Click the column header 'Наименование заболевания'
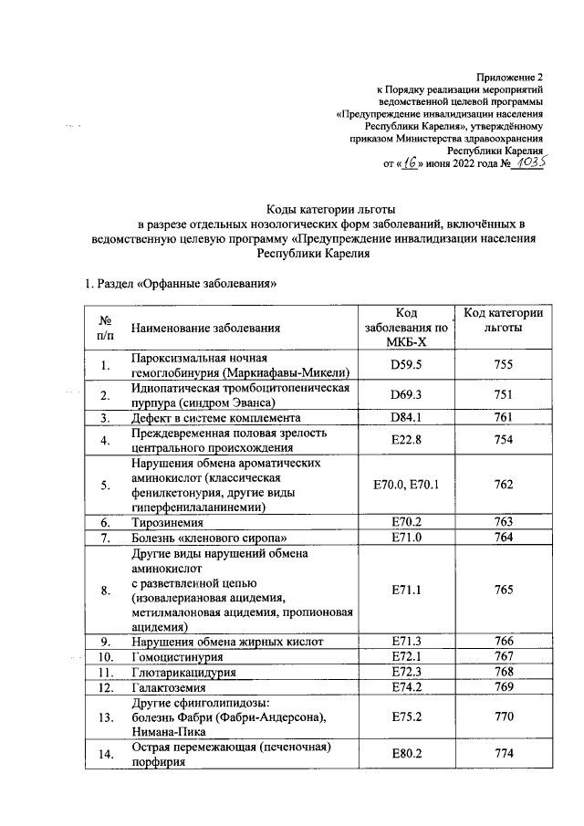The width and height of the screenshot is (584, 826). tap(205, 328)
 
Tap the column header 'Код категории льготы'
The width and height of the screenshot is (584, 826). tap(503, 320)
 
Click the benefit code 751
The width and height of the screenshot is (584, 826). tap(503, 395)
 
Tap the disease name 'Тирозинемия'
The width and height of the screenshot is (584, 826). tap(165, 523)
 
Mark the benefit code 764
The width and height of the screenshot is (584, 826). tap(503, 538)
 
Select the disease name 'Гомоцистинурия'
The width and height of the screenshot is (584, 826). tap(177, 656)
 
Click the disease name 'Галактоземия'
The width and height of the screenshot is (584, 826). tap(171, 687)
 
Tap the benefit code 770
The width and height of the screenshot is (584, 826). tap(503, 717)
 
